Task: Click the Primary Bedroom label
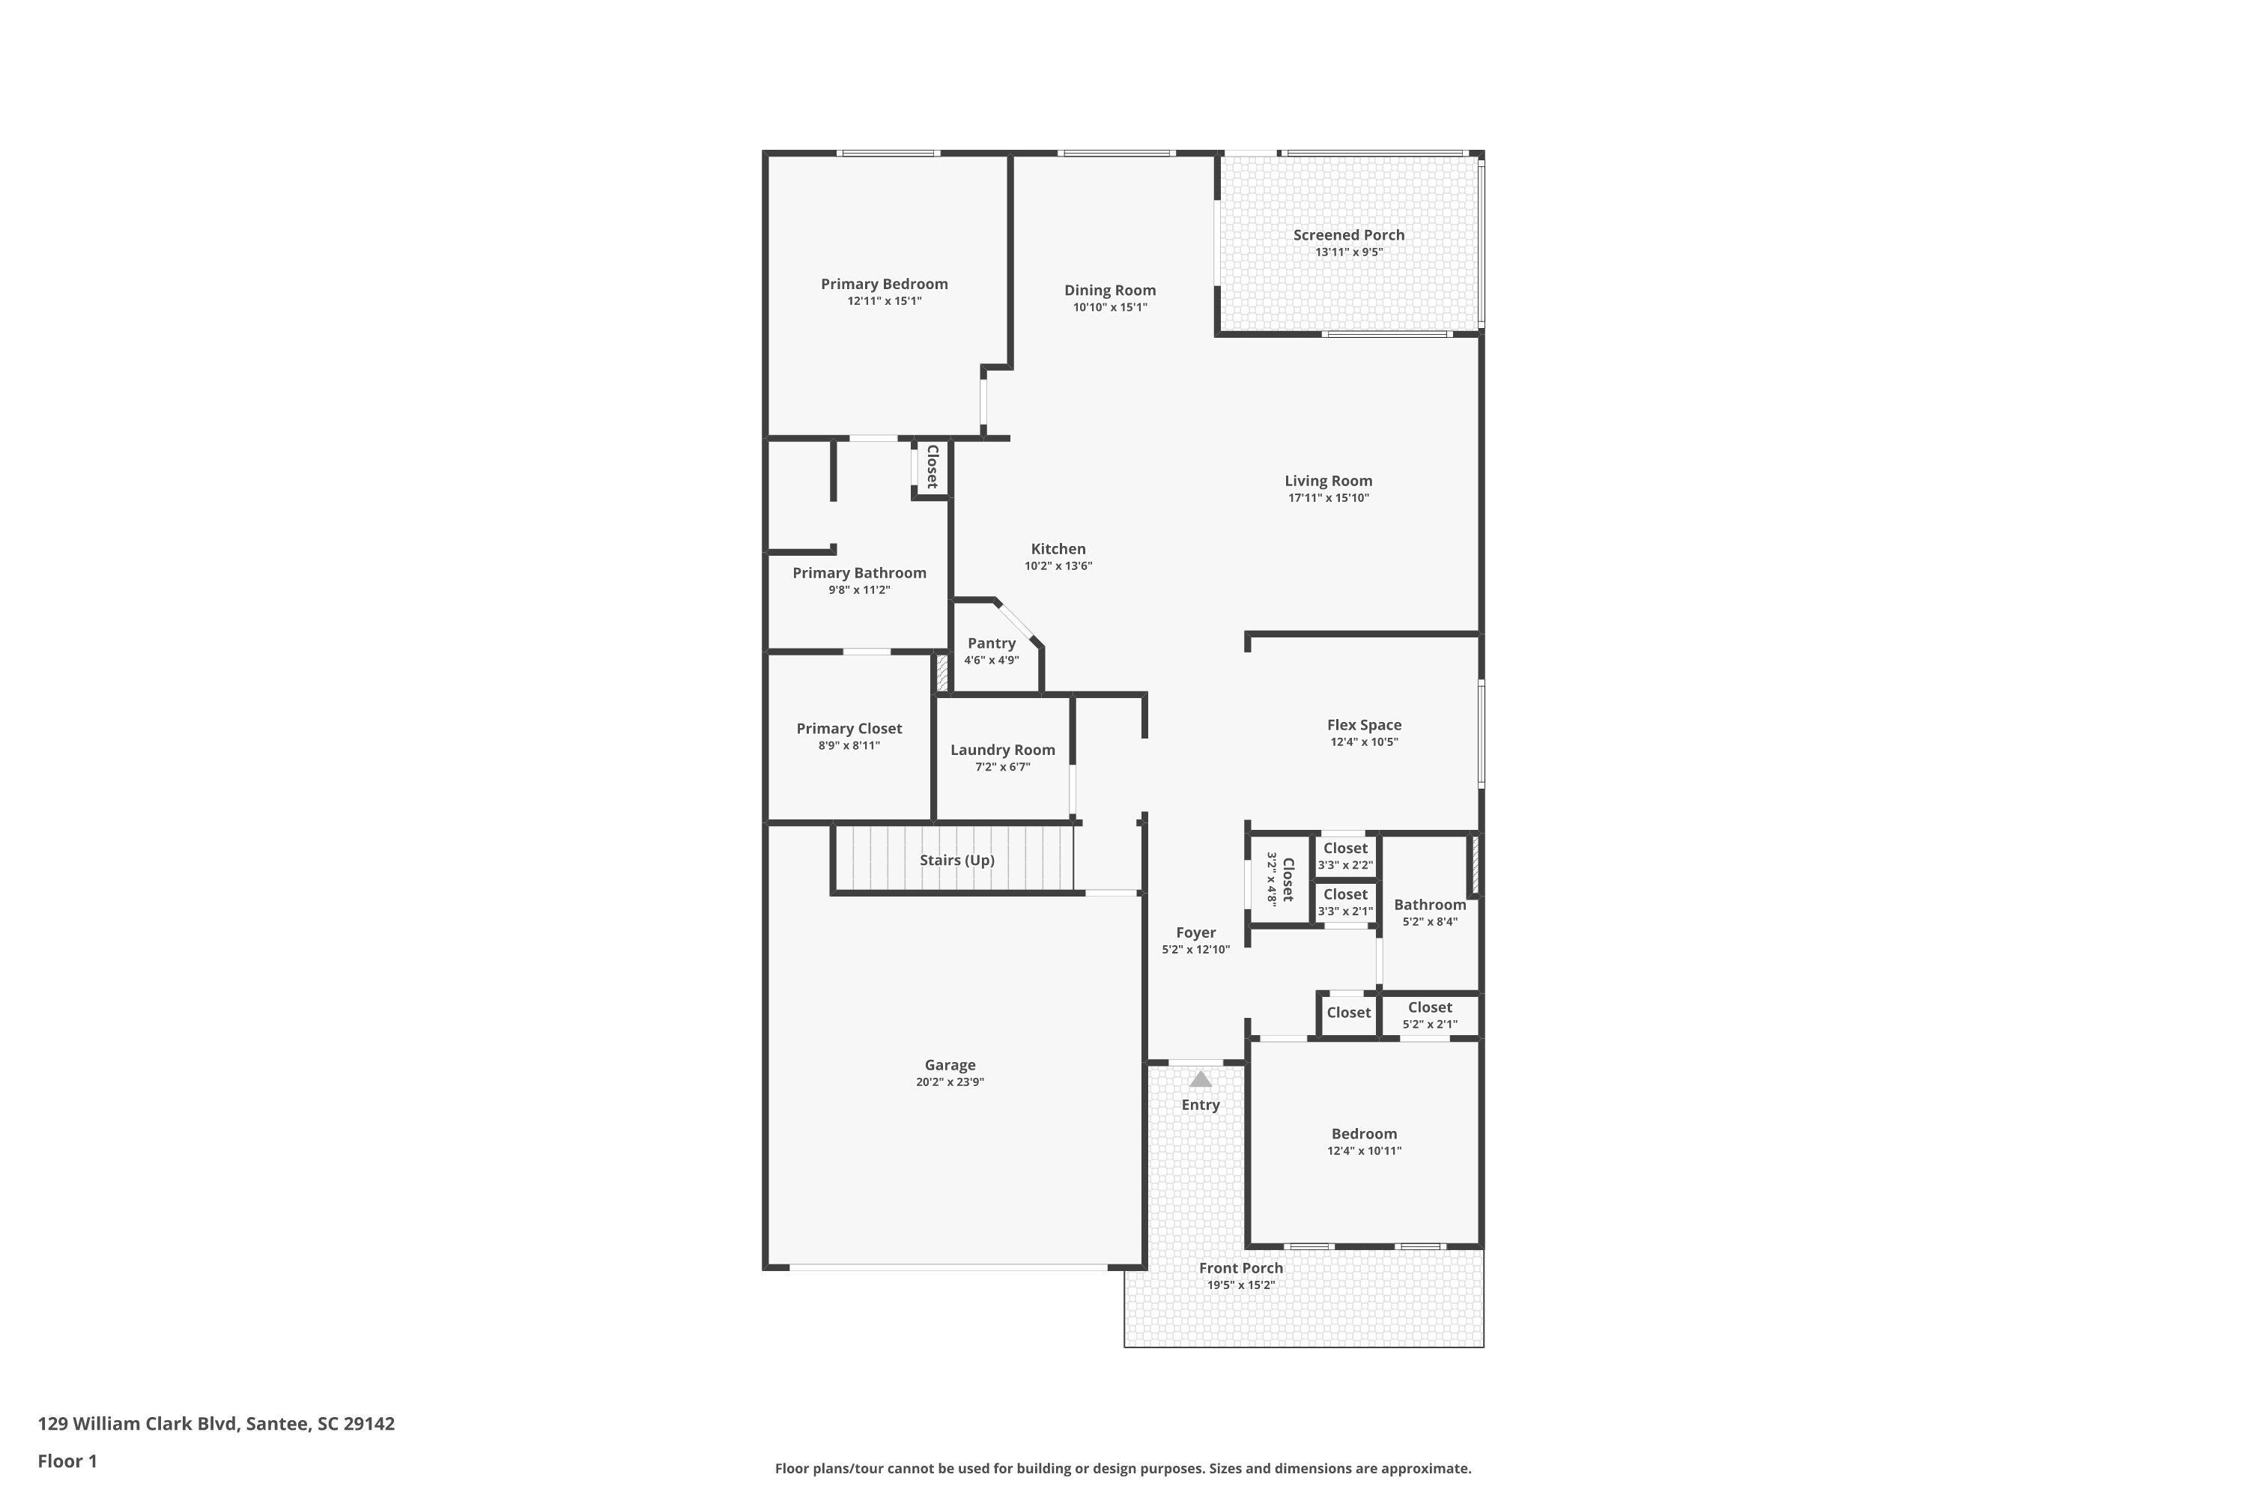[x=884, y=284]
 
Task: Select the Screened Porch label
[x=1348, y=235]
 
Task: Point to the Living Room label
[x=1328, y=481]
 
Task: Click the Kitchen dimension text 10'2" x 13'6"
[x=1058, y=566]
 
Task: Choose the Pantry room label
[x=991, y=643]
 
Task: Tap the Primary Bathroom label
[x=859, y=573]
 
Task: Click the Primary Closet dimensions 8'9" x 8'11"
[x=849, y=746]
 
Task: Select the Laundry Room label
[x=1002, y=750]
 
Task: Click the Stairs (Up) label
[x=956, y=860]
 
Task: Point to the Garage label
[x=950, y=1065]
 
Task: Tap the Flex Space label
[x=1363, y=725]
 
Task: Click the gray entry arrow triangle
[x=1200, y=1079]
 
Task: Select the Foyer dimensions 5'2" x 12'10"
[x=1195, y=950]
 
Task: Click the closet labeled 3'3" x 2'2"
[x=1345, y=856]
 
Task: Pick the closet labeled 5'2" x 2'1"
[x=1429, y=1015]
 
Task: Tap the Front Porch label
[x=1240, y=1269]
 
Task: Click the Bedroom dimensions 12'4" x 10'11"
[x=1363, y=1151]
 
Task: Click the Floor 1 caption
[x=67, y=1461]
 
